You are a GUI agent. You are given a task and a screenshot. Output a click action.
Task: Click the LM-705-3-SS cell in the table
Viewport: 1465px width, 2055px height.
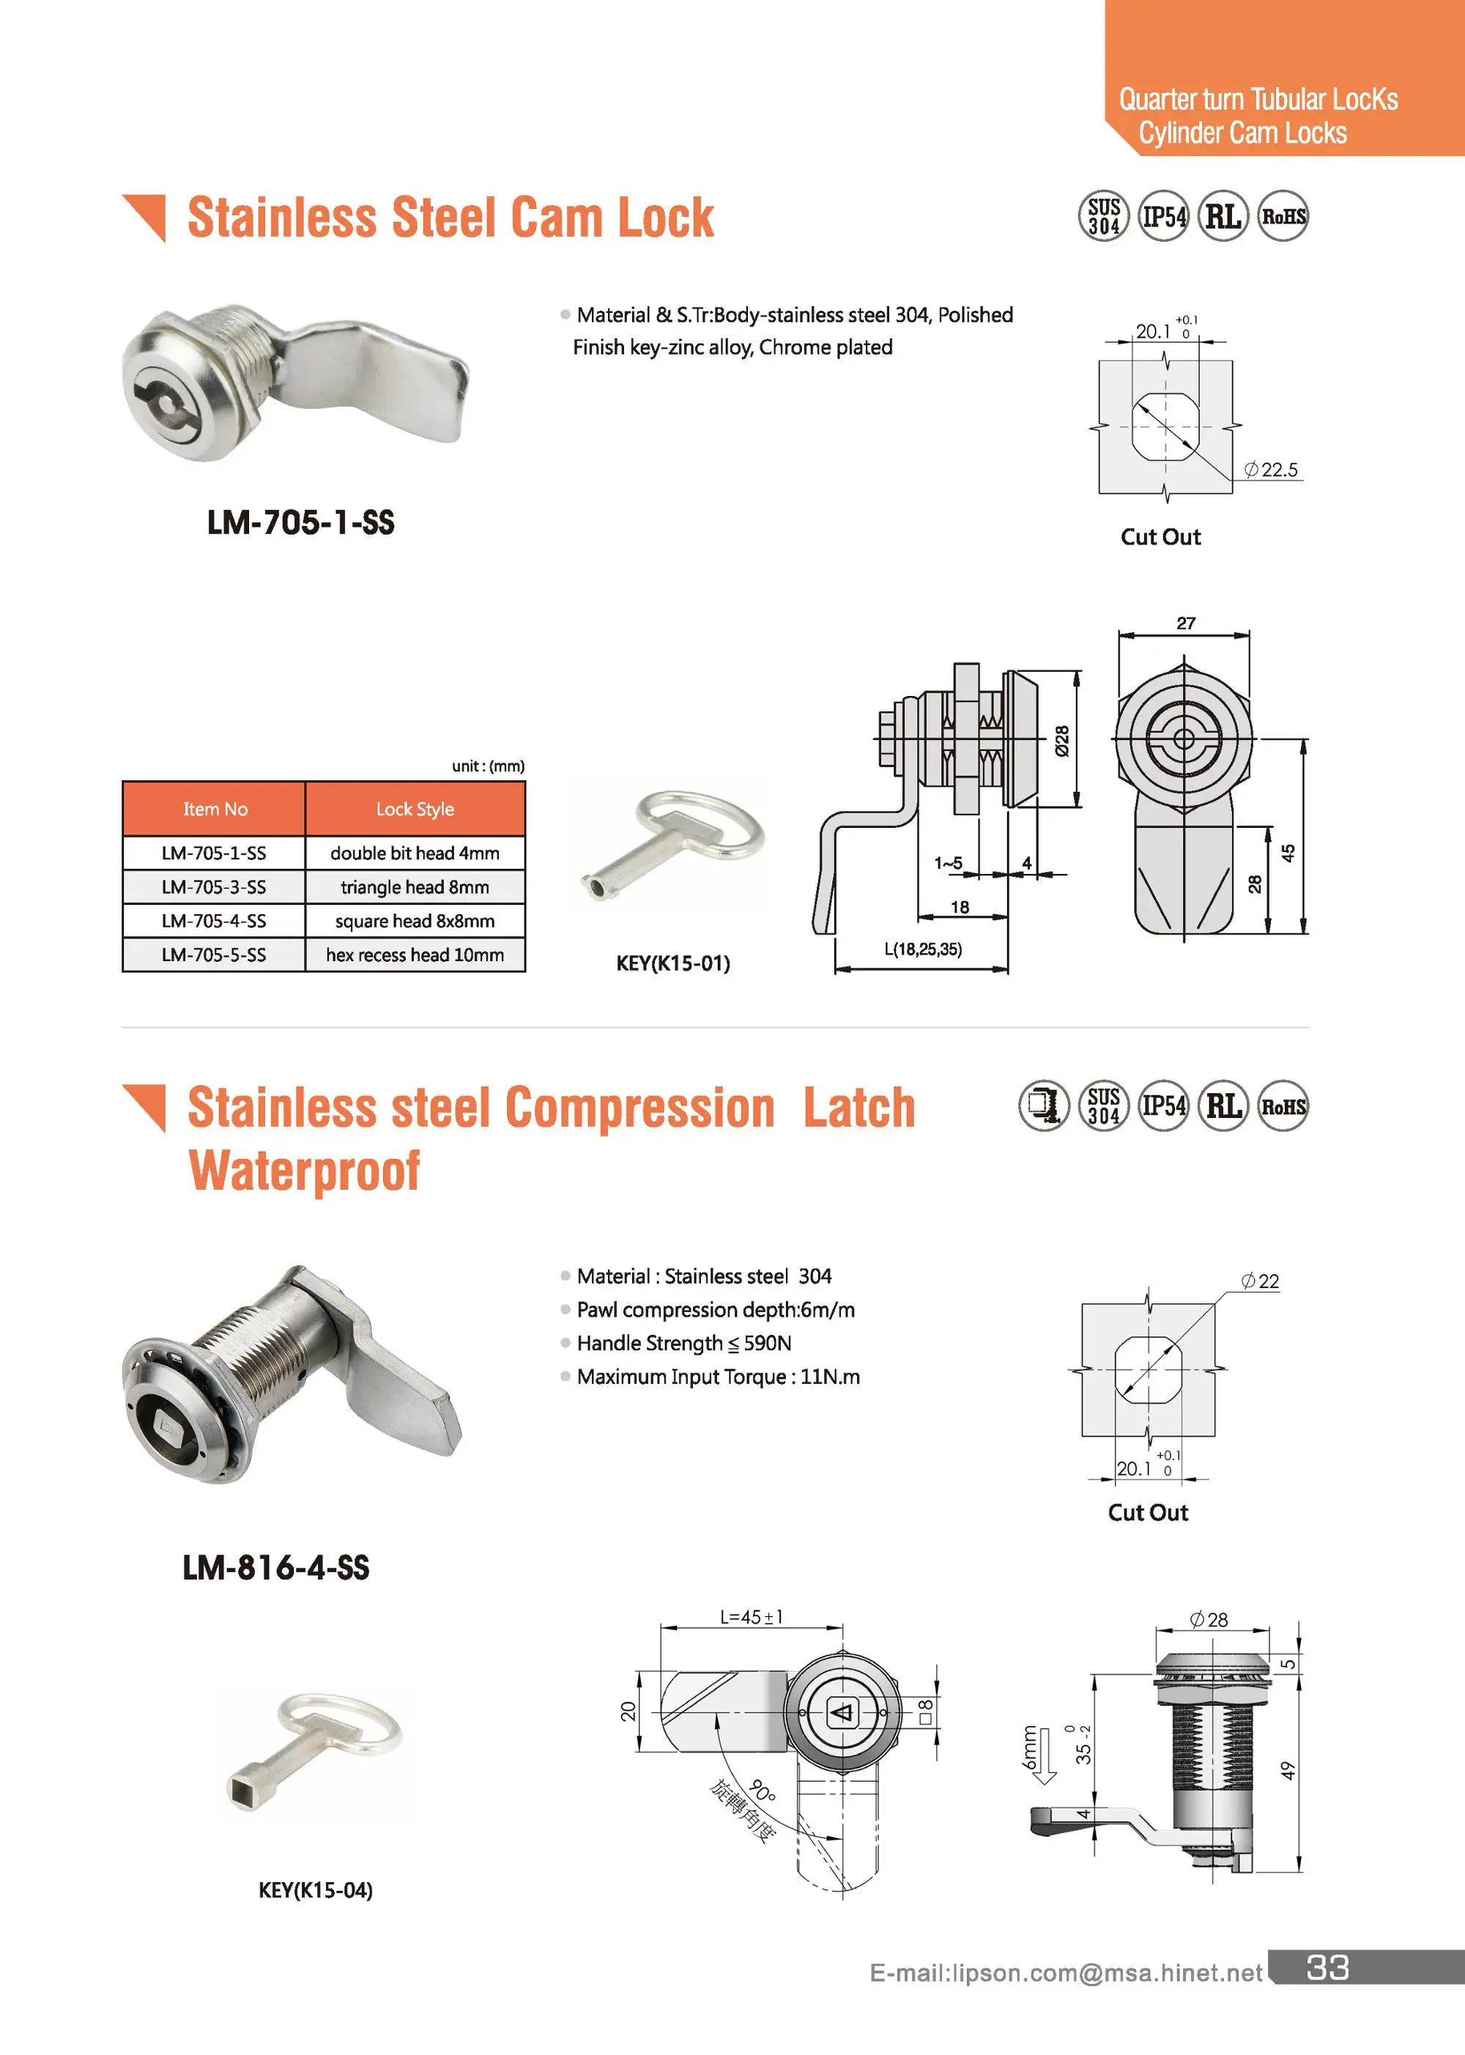coord(214,886)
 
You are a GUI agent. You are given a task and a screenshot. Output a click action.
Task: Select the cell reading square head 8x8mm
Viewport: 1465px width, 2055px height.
coord(415,921)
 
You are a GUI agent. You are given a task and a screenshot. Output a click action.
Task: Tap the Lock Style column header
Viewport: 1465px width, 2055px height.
coord(415,810)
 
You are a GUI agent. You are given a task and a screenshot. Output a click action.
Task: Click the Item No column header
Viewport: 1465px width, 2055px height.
coord(215,810)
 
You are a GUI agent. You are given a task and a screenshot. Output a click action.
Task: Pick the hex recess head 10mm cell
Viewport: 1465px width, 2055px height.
coord(415,955)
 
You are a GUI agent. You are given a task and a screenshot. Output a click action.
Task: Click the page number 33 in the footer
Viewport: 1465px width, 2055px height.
coord(1328,1968)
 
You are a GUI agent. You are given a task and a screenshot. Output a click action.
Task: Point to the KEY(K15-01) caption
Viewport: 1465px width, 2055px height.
coord(673,963)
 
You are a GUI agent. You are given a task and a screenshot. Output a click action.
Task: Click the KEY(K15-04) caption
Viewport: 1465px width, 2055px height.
coord(315,1890)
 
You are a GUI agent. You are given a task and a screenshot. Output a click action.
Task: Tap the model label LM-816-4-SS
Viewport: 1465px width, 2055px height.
coord(276,1568)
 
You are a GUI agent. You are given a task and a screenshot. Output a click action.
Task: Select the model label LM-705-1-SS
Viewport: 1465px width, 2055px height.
coord(300,522)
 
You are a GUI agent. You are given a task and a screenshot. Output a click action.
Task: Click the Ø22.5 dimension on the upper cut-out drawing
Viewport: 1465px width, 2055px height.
coord(1271,470)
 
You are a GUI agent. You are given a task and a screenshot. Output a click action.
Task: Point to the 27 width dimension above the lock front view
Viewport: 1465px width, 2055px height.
coord(1185,623)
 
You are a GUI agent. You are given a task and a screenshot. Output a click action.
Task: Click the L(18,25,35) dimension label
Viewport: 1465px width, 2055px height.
coord(923,949)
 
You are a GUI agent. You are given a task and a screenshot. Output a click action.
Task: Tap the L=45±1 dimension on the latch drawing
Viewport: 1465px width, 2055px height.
coord(752,1618)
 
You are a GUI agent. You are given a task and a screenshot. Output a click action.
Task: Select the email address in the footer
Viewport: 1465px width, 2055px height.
coord(1065,1973)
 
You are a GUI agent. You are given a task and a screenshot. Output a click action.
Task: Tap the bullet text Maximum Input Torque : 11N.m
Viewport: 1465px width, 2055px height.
coord(718,1377)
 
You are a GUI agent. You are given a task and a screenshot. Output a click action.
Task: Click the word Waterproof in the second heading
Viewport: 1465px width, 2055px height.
coord(304,1171)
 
